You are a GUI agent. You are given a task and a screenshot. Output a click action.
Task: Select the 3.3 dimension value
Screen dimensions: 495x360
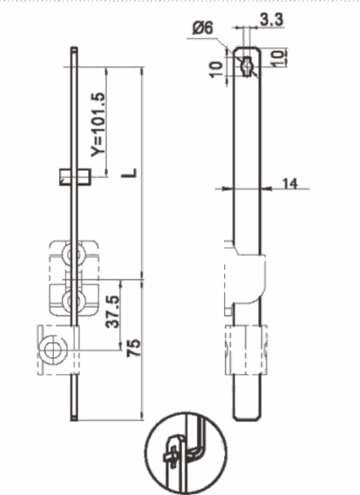pyautogui.click(x=269, y=19)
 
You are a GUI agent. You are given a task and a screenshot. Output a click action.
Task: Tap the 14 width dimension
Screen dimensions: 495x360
pyautogui.click(x=289, y=184)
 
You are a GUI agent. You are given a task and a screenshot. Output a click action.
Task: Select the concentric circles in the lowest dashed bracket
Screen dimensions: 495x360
pyautogui.click(x=56, y=349)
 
